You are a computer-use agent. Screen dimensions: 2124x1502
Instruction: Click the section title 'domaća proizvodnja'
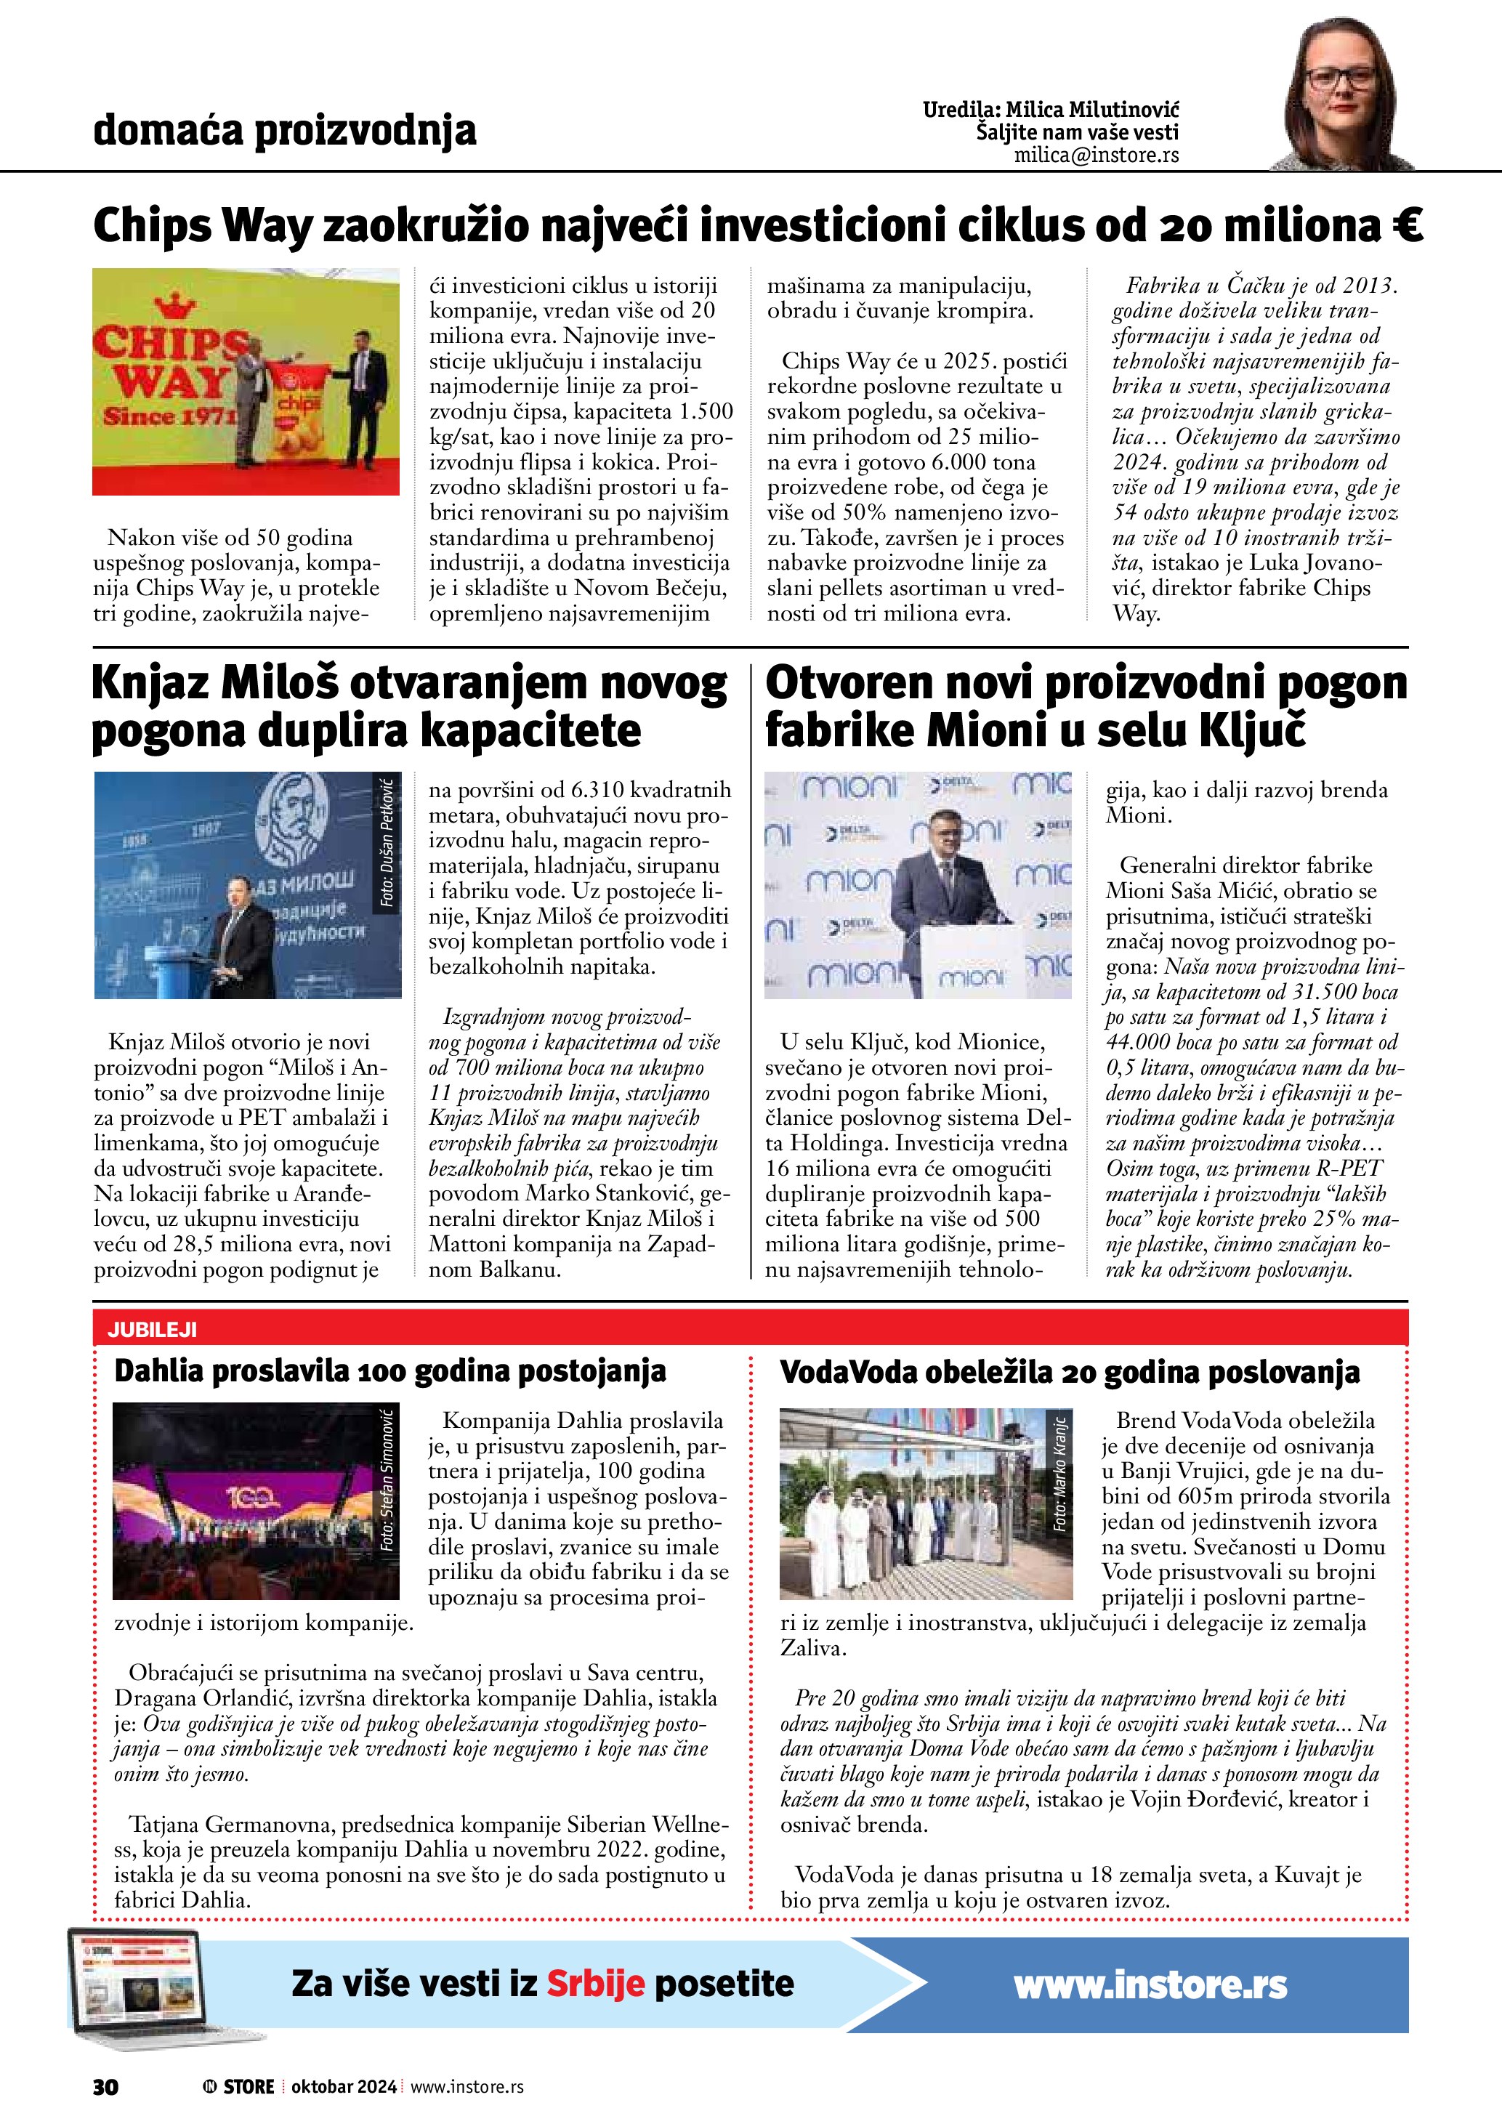point(285,131)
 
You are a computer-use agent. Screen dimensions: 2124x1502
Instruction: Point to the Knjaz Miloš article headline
point(410,708)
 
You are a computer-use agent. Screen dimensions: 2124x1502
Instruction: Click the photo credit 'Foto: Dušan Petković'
point(387,844)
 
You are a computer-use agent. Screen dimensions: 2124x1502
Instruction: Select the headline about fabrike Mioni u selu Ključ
point(1086,708)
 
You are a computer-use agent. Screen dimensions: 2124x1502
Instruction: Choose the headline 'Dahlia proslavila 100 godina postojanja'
point(389,1371)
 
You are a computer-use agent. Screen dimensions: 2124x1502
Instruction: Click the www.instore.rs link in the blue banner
point(1150,1983)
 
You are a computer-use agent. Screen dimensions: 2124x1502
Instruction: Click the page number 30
point(105,2086)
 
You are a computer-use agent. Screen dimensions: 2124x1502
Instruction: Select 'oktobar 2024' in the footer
point(343,2086)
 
